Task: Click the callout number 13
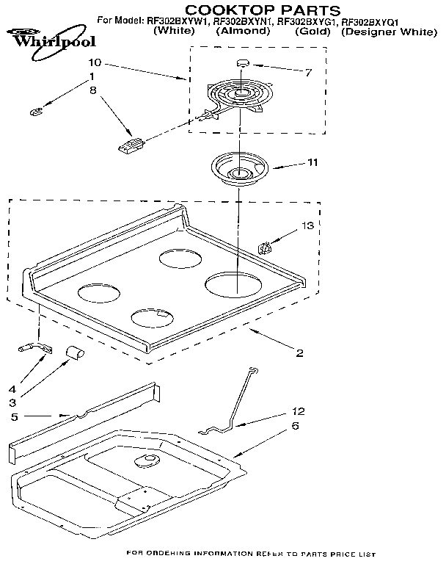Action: point(307,225)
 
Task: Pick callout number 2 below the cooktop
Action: point(299,353)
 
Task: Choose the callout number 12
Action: point(298,411)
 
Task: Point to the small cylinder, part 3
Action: point(74,353)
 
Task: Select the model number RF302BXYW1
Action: point(178,22)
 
